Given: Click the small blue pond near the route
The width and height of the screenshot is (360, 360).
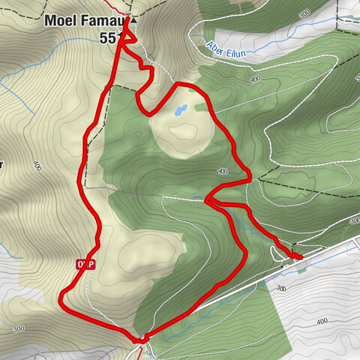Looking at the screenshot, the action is coord(179,112).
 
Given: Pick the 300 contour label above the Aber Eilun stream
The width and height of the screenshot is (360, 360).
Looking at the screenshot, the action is coord(304,13).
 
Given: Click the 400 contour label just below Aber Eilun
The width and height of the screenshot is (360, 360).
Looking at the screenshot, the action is coord(255,78).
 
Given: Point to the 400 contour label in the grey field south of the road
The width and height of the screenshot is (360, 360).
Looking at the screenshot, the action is coord(322,321).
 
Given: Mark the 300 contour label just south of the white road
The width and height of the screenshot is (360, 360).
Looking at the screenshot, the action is coord(281,287).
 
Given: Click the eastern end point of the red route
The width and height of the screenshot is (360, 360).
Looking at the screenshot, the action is coord(299,257).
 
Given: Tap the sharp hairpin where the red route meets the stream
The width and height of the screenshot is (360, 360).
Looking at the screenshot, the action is coord(207,199).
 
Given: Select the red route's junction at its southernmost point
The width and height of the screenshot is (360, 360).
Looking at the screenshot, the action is coord(140,339).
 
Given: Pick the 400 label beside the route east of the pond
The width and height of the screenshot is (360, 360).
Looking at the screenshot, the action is coord(223,172).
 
